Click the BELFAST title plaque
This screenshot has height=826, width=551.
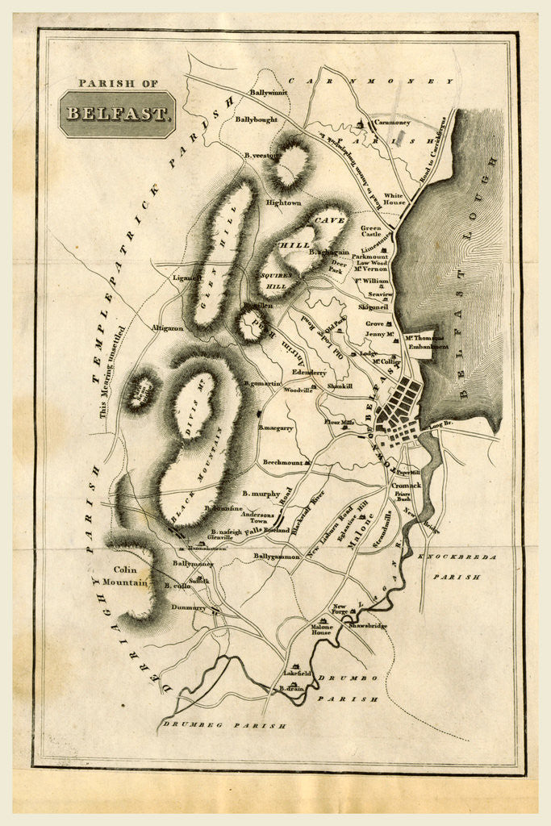pyautogui.click(x=118, y=113)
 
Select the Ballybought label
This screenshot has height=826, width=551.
pyautogui.click(x=256, y=119)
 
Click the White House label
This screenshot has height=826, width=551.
pyautogui.click(x=394, y=199)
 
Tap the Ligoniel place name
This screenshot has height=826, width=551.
pyautogui.click(x=185, y=278)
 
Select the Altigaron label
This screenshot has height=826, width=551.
pyautogui.click(x=167, y=328)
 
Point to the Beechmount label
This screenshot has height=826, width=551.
pyautogui.click(x=282, y=462)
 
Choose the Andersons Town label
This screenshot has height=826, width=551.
pyautogui.click(x=252, y=517)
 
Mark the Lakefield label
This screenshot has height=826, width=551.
pyautogui.click(x=298, y=673)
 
